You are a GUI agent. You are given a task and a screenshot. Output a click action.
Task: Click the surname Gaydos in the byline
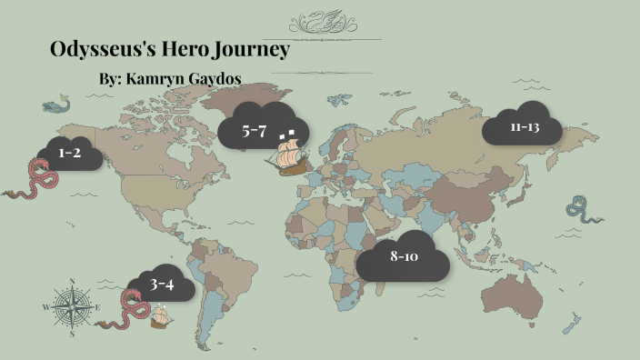(215, 80)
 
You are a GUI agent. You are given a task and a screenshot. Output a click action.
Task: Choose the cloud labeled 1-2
(69, 155)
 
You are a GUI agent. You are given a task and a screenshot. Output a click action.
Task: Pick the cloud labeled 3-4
(161, 285)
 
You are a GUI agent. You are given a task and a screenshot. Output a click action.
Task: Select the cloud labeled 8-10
(403, 258)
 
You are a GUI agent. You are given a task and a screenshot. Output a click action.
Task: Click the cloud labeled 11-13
(525, 128)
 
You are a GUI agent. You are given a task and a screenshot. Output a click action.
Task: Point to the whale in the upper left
(55, 105)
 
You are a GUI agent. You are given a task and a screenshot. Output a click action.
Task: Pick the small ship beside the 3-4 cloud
(162, 315)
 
